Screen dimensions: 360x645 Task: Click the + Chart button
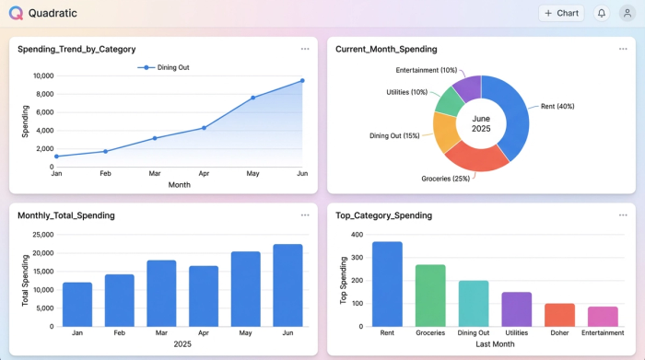click(x=561, y=14)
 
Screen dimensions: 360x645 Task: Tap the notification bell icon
click(x=602, y=14)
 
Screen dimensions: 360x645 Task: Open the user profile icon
click(x=627, y=14)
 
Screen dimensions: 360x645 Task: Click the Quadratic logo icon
click(x=16, y=14)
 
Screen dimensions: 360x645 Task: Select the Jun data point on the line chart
click(x=301, y=81)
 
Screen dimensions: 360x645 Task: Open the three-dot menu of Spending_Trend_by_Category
click(x=305, y=49)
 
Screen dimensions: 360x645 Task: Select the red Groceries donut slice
click(x=476, y=157)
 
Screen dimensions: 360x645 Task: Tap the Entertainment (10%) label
click(x=427, y=70)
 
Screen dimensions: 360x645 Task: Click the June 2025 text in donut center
click(x=481, y=123)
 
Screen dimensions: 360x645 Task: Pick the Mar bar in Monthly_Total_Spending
click(x=162, y=293)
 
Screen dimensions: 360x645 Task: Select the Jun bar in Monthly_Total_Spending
click(x=287, y=285)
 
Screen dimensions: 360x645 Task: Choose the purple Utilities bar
click(x=517, y=308)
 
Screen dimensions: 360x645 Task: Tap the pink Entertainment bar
click(x=603, y=316)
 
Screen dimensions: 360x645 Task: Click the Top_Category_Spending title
click(x=385, y=215)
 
